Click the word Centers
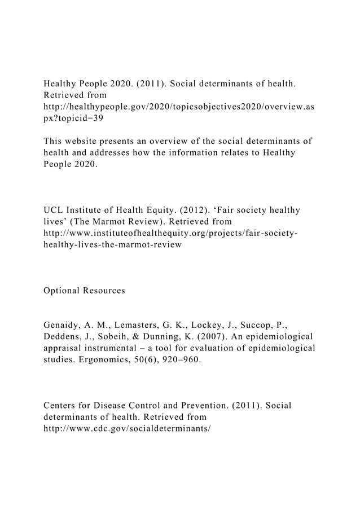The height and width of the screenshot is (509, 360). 63,406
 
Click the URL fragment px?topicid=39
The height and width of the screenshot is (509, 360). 73,119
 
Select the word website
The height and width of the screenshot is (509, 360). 89,141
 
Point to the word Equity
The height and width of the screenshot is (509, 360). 174,210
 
